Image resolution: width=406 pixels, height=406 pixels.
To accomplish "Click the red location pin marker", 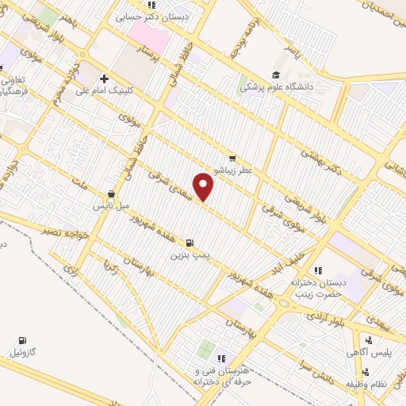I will (205, 187).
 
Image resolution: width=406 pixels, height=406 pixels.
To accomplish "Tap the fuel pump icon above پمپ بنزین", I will (189, 243).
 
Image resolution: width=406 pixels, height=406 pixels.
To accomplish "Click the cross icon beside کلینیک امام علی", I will (104, 79).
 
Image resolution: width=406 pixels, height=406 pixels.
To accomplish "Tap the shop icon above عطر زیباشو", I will (232, 158).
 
